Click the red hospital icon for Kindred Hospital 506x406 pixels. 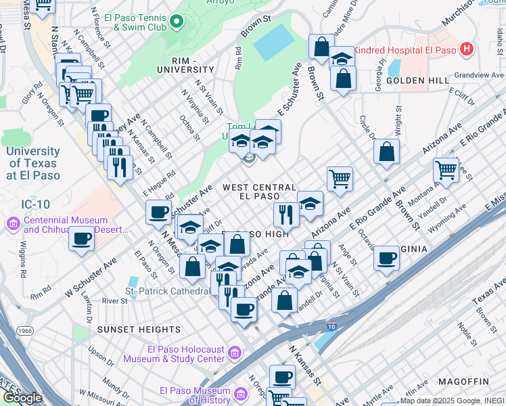pos(466,49)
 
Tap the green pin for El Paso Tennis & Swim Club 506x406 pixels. pos(177,22)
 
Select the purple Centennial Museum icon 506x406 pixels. pos(14,224)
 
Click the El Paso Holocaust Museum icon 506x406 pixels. pos(235,353)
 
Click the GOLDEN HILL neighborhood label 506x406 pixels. pos(417,81)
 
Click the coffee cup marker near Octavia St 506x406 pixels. pos(386,258)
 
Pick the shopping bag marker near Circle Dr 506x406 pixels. pos(386,152)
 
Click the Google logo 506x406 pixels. pos(22,398)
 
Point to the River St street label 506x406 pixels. pos(115,300)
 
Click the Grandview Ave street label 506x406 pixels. pos(479,75)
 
